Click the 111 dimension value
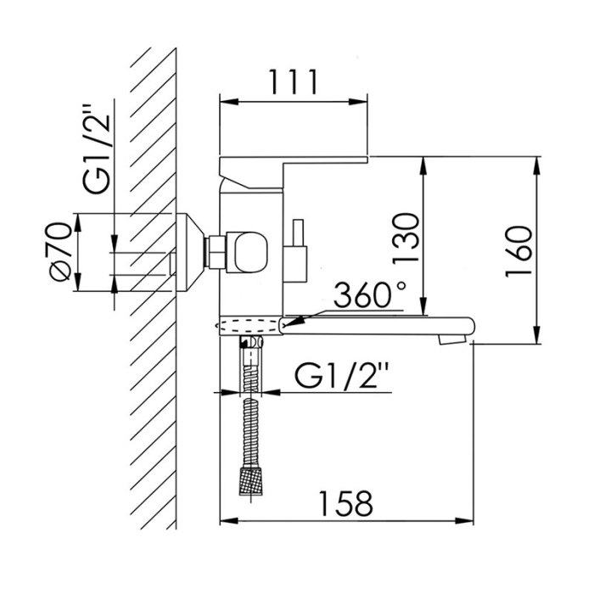(293, 81)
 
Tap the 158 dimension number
(345, 503)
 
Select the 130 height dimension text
(406, 238)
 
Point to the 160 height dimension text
(518, 251)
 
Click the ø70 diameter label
(60, 252)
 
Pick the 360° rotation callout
(370, 294)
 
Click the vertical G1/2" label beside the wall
(97, 148)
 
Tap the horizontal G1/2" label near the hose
(342, 375)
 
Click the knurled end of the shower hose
(250, 481)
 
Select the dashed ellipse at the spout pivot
(248, 325)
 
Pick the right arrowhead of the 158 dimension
(464, 521)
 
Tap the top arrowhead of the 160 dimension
(537, 165)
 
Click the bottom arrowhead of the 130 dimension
(424, 305)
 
